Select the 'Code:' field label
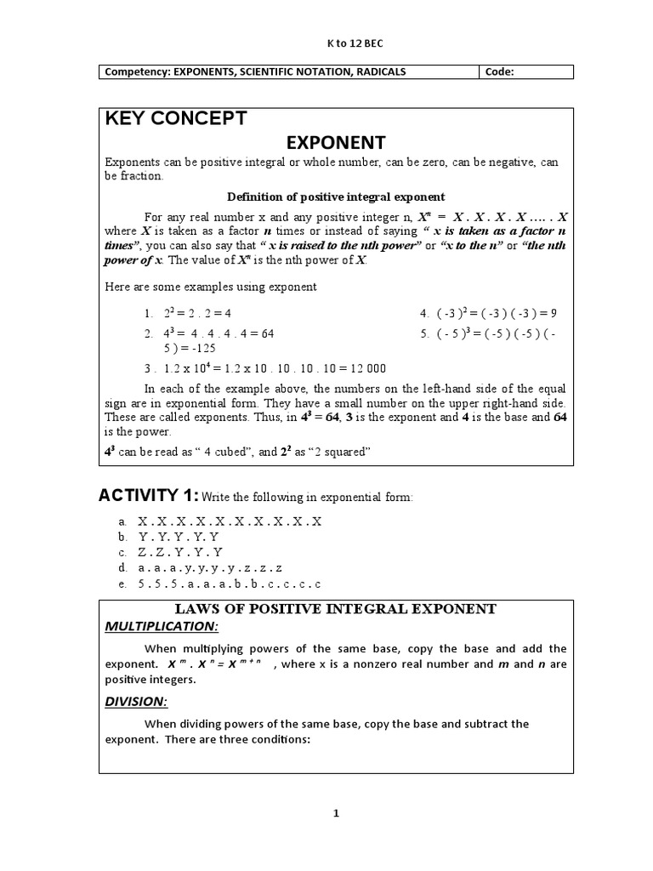[x=499, y=72]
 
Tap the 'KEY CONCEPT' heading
[x=175, y=118]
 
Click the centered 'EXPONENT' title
[x=335, y=142]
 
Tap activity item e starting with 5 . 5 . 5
[x=230, y=584]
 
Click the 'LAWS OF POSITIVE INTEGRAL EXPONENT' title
[x=335, y=609]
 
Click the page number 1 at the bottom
[x=336, y=813]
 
